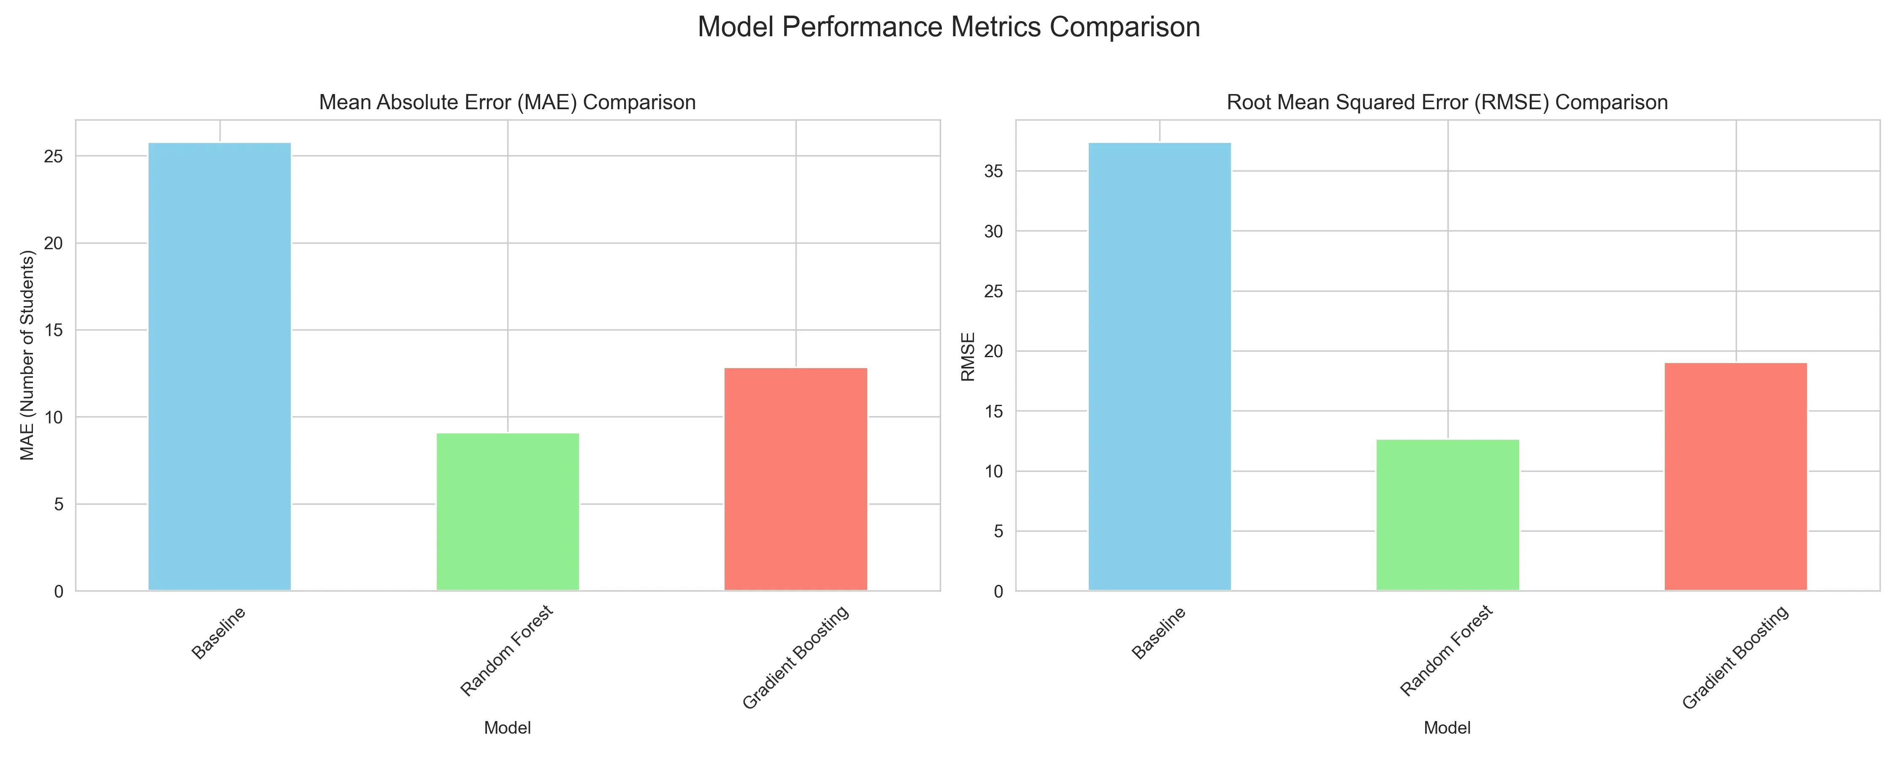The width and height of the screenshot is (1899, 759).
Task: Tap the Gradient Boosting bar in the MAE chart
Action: [795, 479]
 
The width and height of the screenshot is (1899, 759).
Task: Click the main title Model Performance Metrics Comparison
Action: [949, 27]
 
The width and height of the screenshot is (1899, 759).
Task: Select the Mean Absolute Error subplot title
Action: [507, 102]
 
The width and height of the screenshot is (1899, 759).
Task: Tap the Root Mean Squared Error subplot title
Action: [1447, 102]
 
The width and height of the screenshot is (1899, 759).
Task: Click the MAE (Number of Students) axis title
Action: [28, 355]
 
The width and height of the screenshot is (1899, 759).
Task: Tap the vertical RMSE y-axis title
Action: [968, 357]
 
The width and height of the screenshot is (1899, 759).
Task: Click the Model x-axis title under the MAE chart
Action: [507, 728]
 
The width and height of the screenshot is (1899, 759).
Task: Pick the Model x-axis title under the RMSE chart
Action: [1447, 728]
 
